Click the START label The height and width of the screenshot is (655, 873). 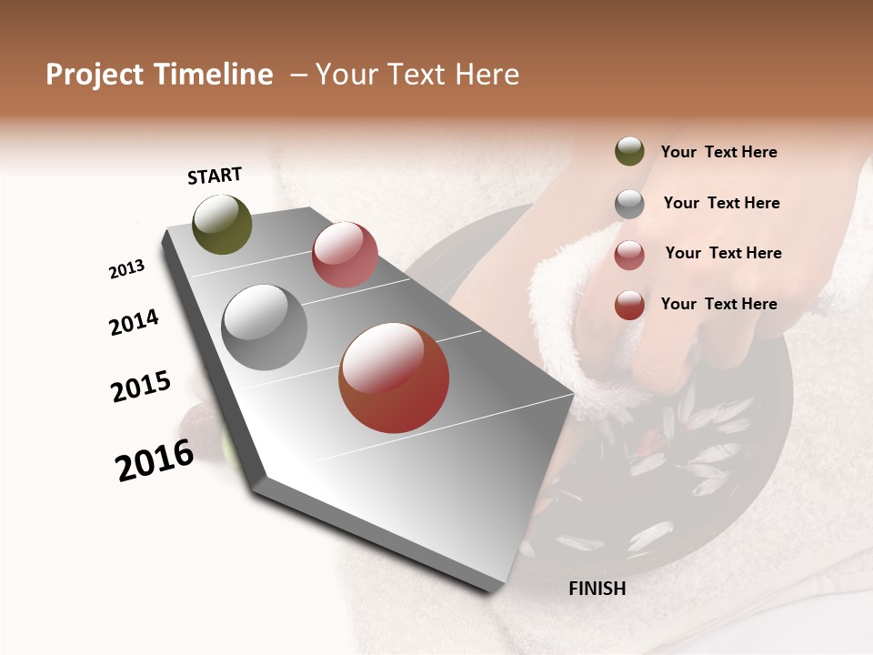click(x=215, y=176)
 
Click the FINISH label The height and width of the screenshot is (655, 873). click(x=597, y=589)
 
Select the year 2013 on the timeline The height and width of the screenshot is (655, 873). click(x=127, y=269)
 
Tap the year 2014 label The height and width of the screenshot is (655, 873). click(x=134, y=322)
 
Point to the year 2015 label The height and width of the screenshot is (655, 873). click(x=141, y=387)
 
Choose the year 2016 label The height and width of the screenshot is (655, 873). click(x=155, y=459)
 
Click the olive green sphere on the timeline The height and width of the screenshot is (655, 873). click(x=222, y=225)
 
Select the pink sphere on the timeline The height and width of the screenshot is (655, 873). click(x=345, y=255)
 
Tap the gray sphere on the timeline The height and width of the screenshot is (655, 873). click(x=264, y=327)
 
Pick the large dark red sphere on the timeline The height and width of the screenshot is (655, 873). click(x=394, y=378)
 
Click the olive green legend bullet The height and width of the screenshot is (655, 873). click(x=629, y=151)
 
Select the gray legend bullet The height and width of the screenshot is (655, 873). click(x=629, y=204)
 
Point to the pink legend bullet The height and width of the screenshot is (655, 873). click(x=629, y=255)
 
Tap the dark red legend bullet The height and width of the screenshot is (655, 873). click(x=629, y=305)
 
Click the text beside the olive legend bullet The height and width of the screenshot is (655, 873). click(x=718, y=153)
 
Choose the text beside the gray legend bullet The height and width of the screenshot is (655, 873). click(x=721, y=203)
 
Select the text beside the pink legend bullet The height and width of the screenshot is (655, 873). click(x=723, y=253)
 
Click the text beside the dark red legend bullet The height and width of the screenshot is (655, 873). click(x=718, y=304)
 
